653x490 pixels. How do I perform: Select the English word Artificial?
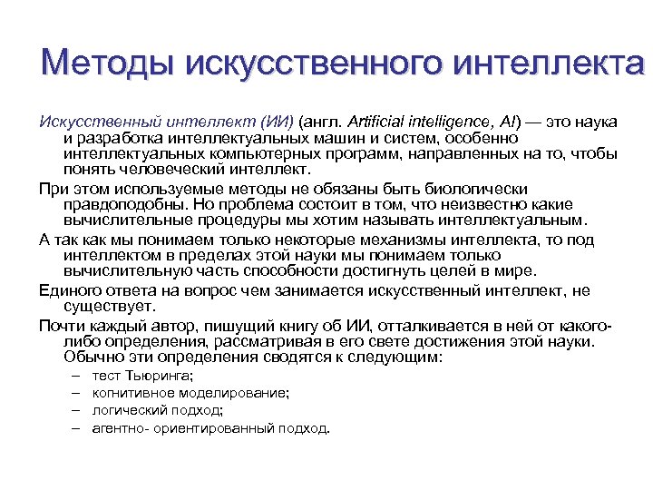click(x=379, y=122)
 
